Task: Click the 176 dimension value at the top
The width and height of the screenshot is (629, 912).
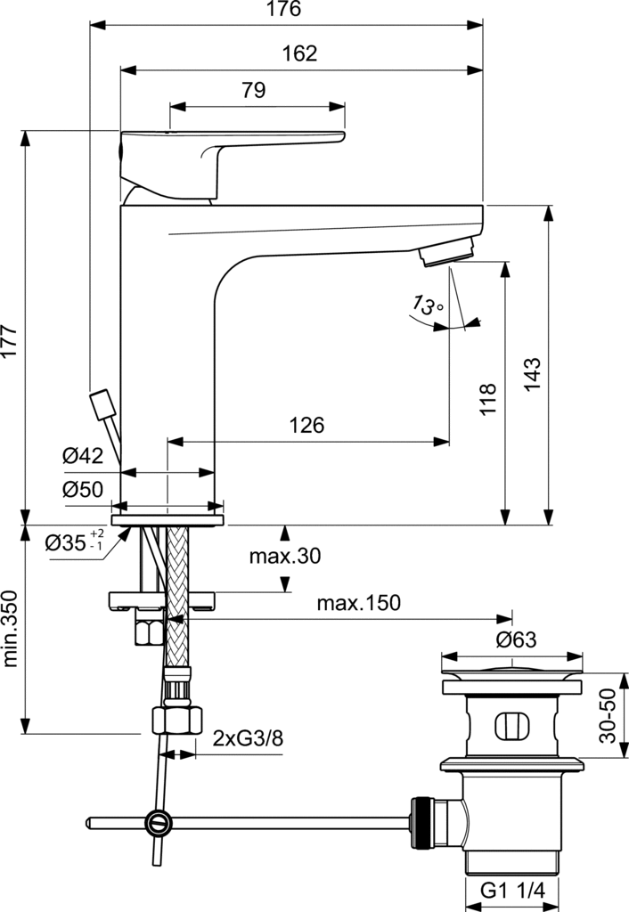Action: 284,10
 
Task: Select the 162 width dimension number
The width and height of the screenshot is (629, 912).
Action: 299,53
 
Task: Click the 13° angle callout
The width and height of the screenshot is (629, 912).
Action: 428,305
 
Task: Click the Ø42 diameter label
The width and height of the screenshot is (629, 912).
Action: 83,457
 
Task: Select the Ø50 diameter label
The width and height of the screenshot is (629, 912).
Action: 83,489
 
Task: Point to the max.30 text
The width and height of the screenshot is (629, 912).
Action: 285,557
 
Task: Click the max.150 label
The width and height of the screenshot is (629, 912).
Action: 358,603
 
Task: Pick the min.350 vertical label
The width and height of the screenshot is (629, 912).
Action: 11,629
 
